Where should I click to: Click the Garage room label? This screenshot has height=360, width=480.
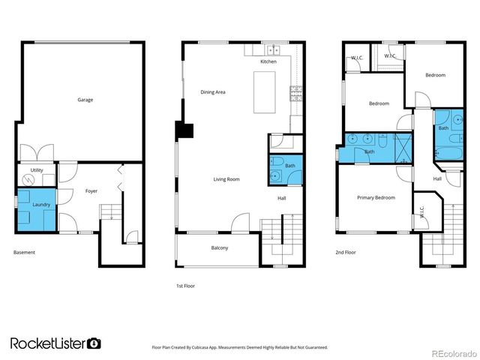tap(85, 99)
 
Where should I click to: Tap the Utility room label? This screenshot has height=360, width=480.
tap(36, 171)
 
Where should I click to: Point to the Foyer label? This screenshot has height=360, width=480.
tap(91, 190)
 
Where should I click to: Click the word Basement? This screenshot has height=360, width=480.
tap(24, 252)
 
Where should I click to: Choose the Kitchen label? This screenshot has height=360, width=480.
tap(268, 61)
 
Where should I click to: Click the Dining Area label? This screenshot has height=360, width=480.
tap(213, 92)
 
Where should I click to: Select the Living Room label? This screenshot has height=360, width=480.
tap(226, 179)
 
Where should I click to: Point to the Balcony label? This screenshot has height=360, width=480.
tap(219, 247)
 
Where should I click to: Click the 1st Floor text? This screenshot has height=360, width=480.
tap(185, 286)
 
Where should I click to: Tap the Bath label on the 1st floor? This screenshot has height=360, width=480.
tap(289, 166)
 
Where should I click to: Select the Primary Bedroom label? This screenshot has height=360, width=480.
tap(375, 197)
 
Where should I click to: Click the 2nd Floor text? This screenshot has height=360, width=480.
tap(346, 253)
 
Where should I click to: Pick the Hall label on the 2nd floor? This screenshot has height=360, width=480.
tap(437, 178)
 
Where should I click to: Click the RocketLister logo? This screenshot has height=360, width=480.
tap(49, 343)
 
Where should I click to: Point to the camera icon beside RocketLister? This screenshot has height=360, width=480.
tap(94, 343)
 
